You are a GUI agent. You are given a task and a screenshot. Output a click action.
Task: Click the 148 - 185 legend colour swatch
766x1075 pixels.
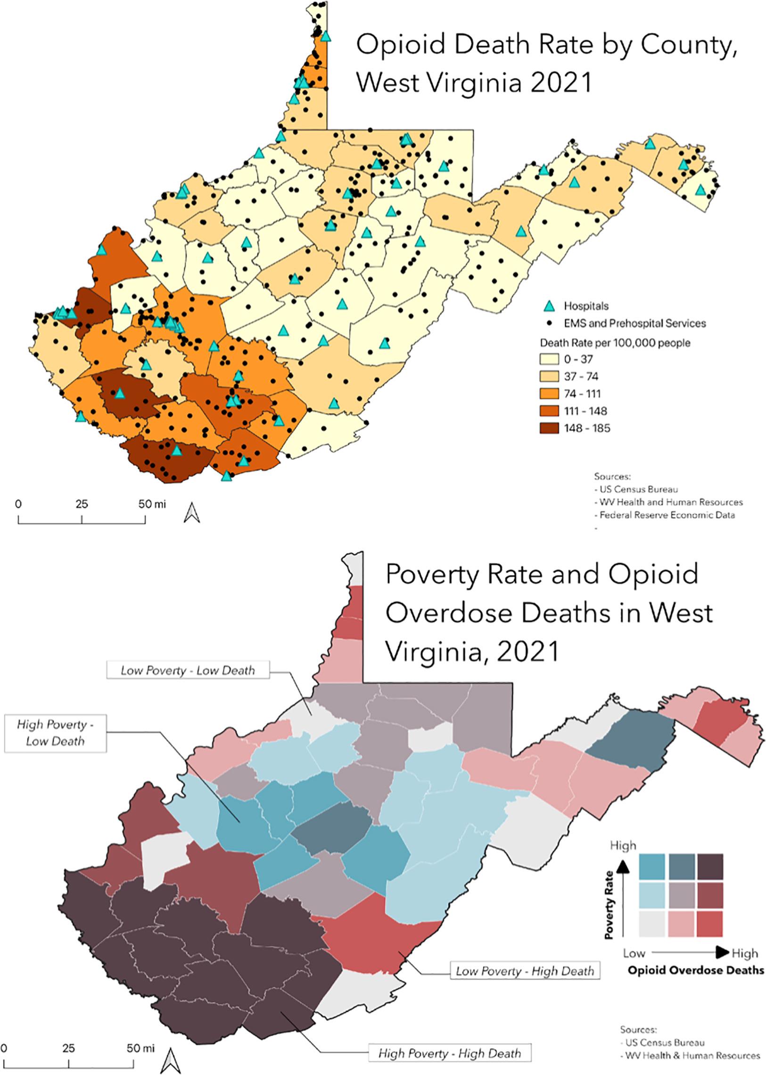tap(549, 428)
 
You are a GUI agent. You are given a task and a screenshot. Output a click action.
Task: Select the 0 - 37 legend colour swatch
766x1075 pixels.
tap(549, 359)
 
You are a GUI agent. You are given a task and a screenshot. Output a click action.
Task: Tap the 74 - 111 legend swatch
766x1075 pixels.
tap(549, 393)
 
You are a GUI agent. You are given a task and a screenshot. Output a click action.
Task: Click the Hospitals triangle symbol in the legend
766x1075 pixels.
tap(549, 306)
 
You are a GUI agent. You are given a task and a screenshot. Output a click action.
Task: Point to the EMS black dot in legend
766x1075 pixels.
tap(549, 323)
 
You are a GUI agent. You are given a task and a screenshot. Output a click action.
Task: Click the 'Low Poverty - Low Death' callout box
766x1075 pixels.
tap(188, 670)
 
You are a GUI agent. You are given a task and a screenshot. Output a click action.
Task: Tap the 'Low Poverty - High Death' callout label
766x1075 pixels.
tap(525, 971)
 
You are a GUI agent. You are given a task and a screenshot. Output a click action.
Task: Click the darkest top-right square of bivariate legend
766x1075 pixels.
tap(709, 867)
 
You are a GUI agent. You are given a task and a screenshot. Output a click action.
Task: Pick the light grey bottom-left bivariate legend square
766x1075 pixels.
tap(652, 924)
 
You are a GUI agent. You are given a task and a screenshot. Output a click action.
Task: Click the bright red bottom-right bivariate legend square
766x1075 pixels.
tap(709, 924)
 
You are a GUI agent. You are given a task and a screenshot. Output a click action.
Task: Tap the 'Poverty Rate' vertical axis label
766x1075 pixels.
tap(610, 905)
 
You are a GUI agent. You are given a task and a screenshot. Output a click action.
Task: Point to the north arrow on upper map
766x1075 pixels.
tap(191, 513)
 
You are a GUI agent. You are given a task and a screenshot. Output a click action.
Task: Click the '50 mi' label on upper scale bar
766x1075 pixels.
tap(152, 504)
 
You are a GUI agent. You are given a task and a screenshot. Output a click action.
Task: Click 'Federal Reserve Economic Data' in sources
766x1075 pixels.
tap(667, 515)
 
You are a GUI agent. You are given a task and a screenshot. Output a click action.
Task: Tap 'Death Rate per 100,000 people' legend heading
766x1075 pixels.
tap(615, 342)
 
